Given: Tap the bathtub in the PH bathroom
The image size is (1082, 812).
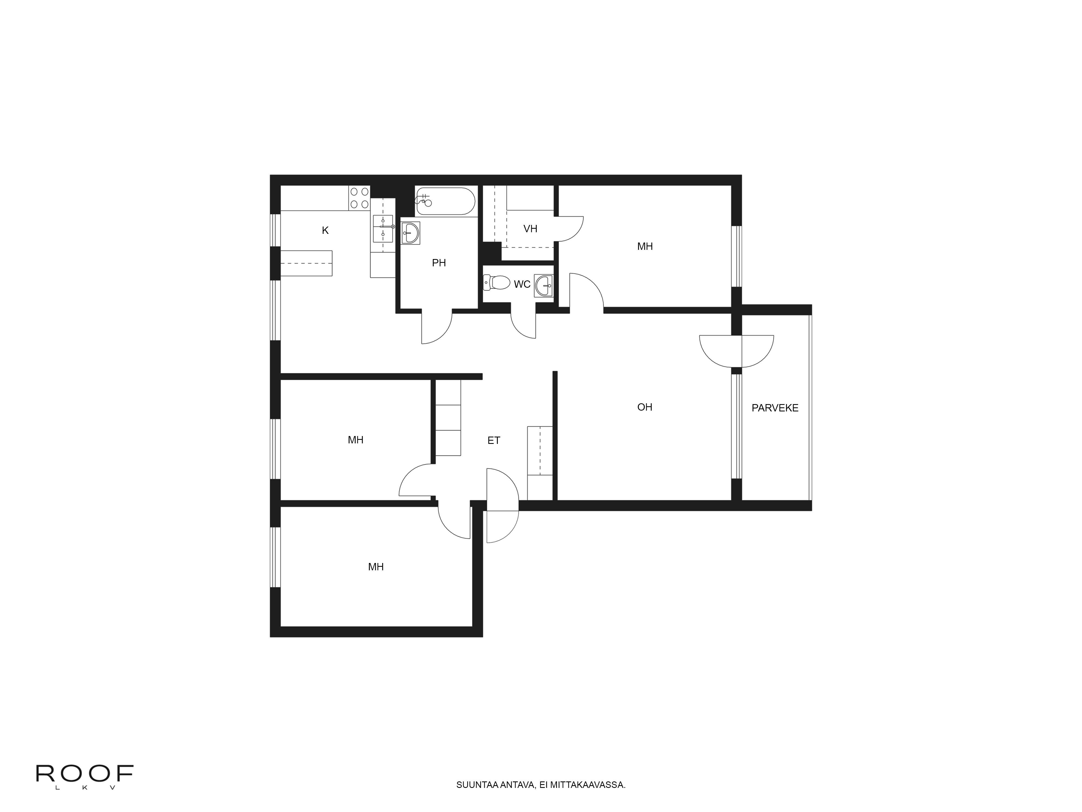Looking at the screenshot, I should [x=445, y=201].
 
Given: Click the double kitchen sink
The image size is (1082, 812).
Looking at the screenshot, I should [x=383, y=228].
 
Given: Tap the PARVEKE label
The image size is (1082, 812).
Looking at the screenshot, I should [x=775, y=408].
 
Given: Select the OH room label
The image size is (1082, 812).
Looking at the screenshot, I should [x=644, y=407].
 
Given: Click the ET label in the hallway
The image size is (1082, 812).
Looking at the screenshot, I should [x=494, y=440].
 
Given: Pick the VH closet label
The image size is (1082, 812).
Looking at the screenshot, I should [x=530, y=228].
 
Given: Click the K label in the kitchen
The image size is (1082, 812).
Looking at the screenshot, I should [x=325, y=231].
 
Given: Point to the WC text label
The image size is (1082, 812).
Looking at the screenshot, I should [x=522, y=284].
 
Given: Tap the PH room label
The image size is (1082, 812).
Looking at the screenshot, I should [x=439, y=263].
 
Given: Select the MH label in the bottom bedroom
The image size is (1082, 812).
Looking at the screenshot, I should [x=376, y=567].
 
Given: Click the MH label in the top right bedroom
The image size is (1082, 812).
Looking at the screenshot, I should [x=645, y=247].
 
